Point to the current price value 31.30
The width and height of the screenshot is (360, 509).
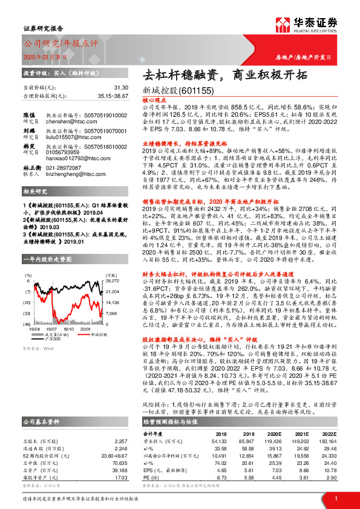tap(120, 88)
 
